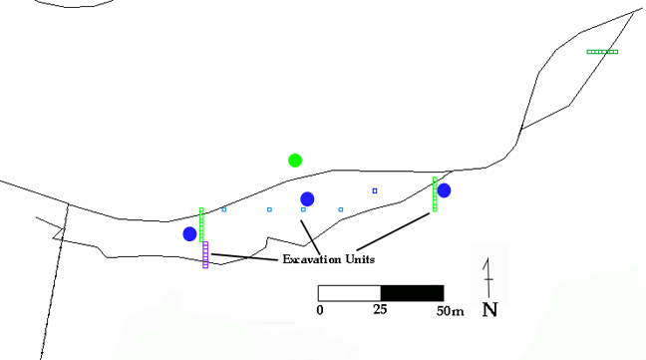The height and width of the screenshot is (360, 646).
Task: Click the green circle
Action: coord(295,160)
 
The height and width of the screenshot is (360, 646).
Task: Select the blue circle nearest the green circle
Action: coord(307,198)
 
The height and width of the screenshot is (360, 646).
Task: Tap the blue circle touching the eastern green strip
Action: coord(444,189)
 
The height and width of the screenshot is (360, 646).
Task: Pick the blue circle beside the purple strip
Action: coord(189,233)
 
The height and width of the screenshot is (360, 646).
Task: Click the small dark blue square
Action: coord(375,190)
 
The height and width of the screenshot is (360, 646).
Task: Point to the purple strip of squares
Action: coord(205,254)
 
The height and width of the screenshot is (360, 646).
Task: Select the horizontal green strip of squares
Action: coord(602,52)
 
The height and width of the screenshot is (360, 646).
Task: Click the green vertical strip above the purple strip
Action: coord(201,224)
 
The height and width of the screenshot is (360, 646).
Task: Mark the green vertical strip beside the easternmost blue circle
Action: coord(435,194)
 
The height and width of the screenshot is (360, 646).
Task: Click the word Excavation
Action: coord(304,260)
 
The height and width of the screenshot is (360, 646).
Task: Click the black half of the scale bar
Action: coord(412,293)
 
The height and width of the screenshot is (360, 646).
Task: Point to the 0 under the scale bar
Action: coord(320,310)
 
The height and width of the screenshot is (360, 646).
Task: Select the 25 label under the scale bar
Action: coord(380,310)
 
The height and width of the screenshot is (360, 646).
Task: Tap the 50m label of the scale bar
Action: coord(450,310)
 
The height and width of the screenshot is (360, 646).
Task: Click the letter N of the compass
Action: coord(489,309)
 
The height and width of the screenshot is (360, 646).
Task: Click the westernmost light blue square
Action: coord(224,209)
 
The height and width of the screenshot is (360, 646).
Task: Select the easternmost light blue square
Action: coord(341,209)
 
